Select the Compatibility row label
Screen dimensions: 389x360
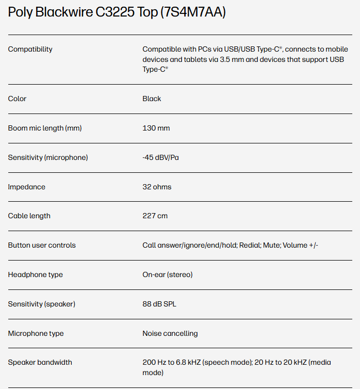[30, 50]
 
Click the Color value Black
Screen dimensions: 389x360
[152, 99]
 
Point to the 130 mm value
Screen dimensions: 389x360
[156, 128]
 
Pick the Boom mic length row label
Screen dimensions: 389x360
[45, 128]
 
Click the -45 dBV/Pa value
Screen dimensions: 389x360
[160, 157]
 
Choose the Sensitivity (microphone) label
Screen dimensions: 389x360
[48, 157]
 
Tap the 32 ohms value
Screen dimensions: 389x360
[157, 187]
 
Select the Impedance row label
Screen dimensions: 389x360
[26, 187]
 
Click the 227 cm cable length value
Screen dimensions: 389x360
[155, 216]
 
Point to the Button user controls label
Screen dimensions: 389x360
[42, 245]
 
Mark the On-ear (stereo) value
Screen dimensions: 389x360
[167, 274]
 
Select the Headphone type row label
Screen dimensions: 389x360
[36, 274]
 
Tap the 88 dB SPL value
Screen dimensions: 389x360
[159, 304]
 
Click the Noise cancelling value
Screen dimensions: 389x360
[170, 333]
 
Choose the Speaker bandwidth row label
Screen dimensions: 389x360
[40, 362]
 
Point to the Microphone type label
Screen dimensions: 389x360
[36, 333]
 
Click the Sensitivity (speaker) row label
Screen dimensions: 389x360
[41, 304]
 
